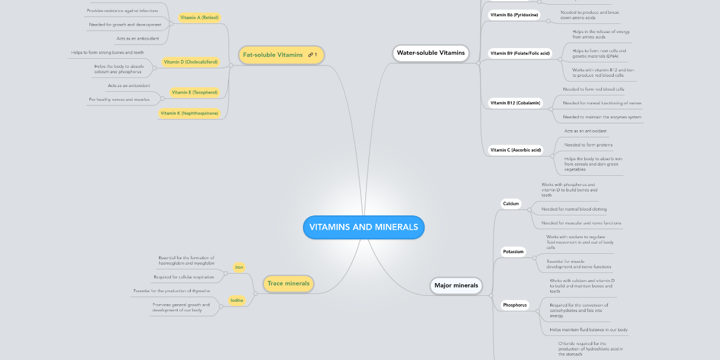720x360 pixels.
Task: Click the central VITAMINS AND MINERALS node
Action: pyautogui.click(x=364, y=227)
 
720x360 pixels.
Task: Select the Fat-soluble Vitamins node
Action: pyautogui.click(x=273, y=55)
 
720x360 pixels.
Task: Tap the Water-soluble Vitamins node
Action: pyautogui.click(x=430, y=53)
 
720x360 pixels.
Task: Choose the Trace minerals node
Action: pyautogui.click(x=289, y=283)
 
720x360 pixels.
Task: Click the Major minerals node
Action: pyautogui.click(x=456, y=286)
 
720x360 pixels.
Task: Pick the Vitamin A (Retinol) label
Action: pyautogui.click(x=199, y=18)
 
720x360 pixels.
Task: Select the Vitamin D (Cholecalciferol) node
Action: pyautogui.click(x=191, y=62)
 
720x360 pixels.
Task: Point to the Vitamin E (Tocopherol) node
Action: pyautogui.click(x=194, y=92)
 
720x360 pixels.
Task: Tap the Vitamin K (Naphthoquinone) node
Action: pyautogui.click(x=190, y=113)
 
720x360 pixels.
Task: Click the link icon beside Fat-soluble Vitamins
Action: pyautogui.click(x=310, y=55)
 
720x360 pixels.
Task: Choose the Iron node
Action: pyautogui.click(x=239, y=268)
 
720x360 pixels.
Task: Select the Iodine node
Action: pyautogui.click(x=237, y=300)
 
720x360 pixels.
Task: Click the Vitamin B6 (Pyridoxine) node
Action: pyautogui.click(x=514, y=14)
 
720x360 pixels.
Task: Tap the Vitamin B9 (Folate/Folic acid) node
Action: pyautogui.click(x=520, y=53)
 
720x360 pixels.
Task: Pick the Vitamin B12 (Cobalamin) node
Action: pyautogui.click(x=515, y=103)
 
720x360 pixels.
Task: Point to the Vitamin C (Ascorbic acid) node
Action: pyautogui.click(x=515, y=150)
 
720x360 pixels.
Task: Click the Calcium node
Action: pyautogui.click(x=511, y=204)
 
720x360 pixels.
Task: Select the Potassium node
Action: pyautogui.click(x=514, y=252)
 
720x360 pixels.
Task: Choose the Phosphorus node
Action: pyautogui.click(x=515, y=305)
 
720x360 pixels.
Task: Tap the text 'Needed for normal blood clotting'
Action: pyautogui.click(x=574, y=209)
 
